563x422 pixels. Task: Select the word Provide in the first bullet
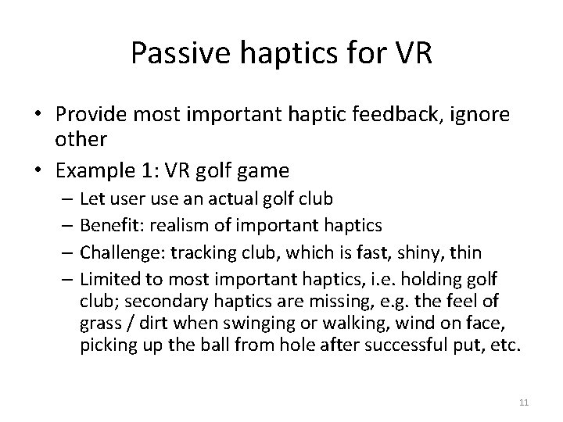coord(88,116)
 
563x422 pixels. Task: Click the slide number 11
coord(524,402)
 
